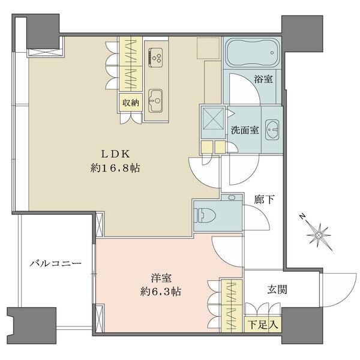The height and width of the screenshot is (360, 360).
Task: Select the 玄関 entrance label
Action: pos(276,289)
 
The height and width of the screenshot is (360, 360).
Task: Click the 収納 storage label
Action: pos(131,103)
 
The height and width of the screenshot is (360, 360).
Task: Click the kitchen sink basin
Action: pos(157,98)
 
